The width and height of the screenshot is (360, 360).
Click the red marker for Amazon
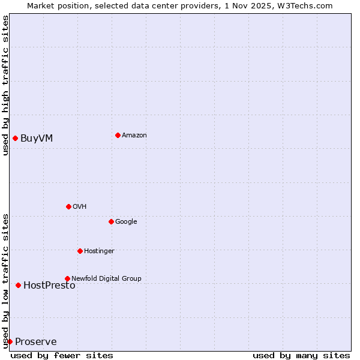(x=118, y=135)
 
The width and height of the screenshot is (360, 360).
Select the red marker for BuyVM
(x=15, y=139)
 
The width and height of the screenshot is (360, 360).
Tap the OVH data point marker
(x=68, y=206)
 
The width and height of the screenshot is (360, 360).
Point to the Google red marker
(x=111, y=221)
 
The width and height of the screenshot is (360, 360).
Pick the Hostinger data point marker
(x=80, y=251)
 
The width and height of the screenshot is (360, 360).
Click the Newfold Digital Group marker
(x=67, y=278)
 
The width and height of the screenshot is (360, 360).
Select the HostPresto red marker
(x=18, y=285)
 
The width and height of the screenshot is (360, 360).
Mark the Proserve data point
(x=10, y=341)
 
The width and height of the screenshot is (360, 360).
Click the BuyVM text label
(x=37, y=139)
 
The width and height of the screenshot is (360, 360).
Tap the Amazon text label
(x=134, y=135)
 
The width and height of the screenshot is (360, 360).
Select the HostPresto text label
(x=49, y=286)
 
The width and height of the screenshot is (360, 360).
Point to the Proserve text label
(x=36, y=342)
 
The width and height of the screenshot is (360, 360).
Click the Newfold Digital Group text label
(x=106, y=278)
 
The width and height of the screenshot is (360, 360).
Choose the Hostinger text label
(x=99, y=251)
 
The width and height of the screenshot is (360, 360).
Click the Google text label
(x=126, y=221)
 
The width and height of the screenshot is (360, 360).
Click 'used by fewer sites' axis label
(x=62, y=355)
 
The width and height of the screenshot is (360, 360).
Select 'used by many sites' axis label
(x=301, y=355)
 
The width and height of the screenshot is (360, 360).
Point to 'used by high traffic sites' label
(x=5, y=85)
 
